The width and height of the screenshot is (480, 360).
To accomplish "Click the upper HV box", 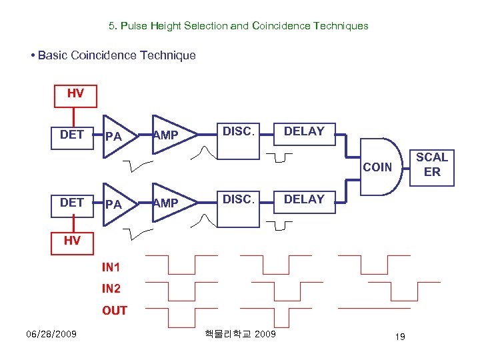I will (75, 96).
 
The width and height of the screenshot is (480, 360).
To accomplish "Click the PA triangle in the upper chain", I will (117, 137).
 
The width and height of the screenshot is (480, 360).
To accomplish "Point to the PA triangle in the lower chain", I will (117, 205).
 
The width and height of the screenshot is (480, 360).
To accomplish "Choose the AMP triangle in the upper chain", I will (169, 136).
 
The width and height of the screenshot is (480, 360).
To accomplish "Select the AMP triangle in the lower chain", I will (169, 203).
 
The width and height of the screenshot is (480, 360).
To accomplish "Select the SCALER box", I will (432, 165).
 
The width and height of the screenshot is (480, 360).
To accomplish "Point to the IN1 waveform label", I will (111, 268).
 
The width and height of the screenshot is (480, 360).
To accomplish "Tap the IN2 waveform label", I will (111, 289).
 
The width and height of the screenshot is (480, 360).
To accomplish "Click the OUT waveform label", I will (115, 311).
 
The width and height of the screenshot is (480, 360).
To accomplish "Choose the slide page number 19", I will (400, 337).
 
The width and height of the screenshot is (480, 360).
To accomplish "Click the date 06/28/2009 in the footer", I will (51, 333).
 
